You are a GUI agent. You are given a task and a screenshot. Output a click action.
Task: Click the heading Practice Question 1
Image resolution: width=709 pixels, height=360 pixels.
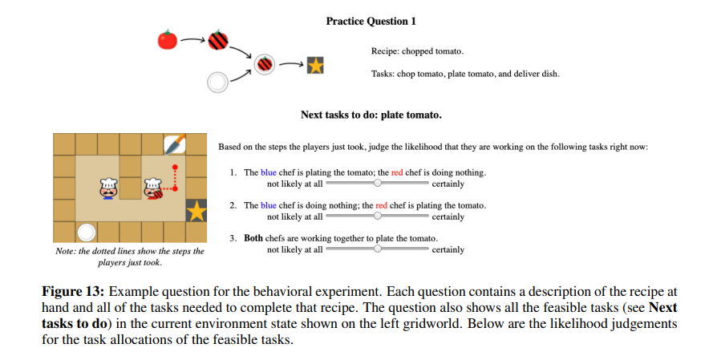[x=371, y=21]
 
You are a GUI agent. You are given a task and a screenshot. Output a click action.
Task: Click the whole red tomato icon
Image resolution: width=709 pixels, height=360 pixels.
[x=167, y=39]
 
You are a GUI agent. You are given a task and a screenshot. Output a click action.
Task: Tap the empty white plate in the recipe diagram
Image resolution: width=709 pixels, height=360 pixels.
[x=217, y=81]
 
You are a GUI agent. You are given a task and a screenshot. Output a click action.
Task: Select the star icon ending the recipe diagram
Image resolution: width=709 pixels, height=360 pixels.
[x=315, y=65]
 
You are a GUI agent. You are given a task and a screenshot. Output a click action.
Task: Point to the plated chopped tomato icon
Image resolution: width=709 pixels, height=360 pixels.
[x=265, y=63]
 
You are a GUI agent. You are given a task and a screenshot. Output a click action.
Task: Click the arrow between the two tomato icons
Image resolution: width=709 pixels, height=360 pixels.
[x=192, y=38]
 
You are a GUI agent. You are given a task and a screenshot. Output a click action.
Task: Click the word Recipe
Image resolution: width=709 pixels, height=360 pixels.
[x=386, y=51]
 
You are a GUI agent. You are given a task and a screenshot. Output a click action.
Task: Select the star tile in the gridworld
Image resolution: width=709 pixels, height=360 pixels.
[x=196, y=211]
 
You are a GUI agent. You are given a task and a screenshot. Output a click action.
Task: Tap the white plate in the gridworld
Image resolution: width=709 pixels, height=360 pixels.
[x=86, y=233]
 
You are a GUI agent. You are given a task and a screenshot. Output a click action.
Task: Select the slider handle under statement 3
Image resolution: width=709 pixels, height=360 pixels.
[x=378, y=249]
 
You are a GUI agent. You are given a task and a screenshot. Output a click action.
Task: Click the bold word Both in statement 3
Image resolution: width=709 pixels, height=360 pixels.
[x=254, y=239]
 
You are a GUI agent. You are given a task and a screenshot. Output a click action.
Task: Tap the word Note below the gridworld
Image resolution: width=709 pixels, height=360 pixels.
[x=64, y=252]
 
